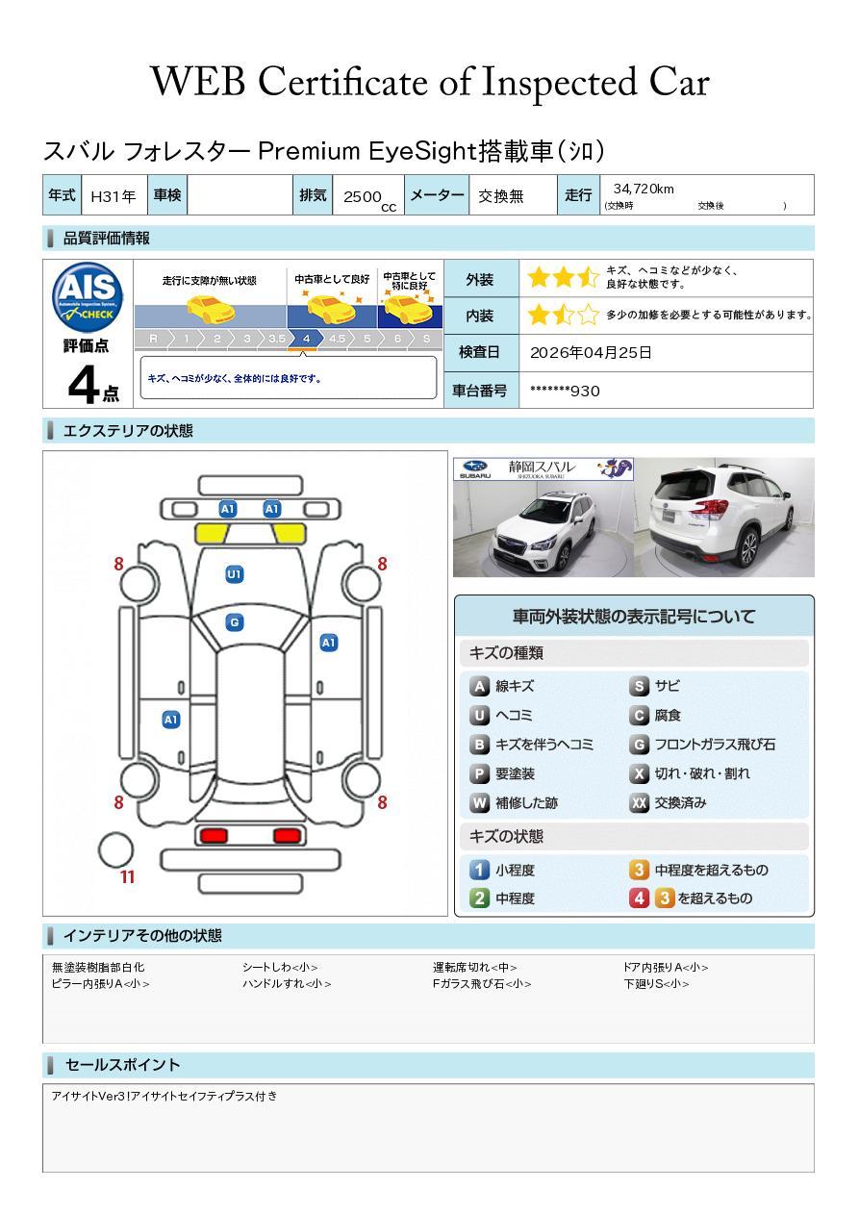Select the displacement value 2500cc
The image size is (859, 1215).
(x=366, y=197)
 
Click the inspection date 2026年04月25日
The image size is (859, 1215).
(x=591, y=352)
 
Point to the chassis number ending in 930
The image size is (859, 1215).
(x=565, y=391)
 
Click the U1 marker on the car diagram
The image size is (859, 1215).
(x=234, y=574)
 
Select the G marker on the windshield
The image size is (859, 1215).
(x=234, y=622)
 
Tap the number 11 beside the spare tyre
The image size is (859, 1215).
(x=127, y=876)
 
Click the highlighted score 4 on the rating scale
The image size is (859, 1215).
(x=306, y=339)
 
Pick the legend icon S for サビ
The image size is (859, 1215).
(x=639, y=687)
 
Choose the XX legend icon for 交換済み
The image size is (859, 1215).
(x=639, y=803)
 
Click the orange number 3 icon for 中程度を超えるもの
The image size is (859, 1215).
(x=639, y=871)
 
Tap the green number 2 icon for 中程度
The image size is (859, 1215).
(x=479, y=899)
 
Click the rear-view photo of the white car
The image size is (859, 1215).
(x=723, y=518)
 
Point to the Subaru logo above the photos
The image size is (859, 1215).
(x=475, y=468)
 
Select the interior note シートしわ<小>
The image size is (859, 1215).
(x=280, y=968)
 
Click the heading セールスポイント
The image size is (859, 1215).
(x=122, y=1065)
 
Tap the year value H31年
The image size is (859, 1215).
(x=113, y=196)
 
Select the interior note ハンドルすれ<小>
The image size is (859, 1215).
(x=287, y=984)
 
